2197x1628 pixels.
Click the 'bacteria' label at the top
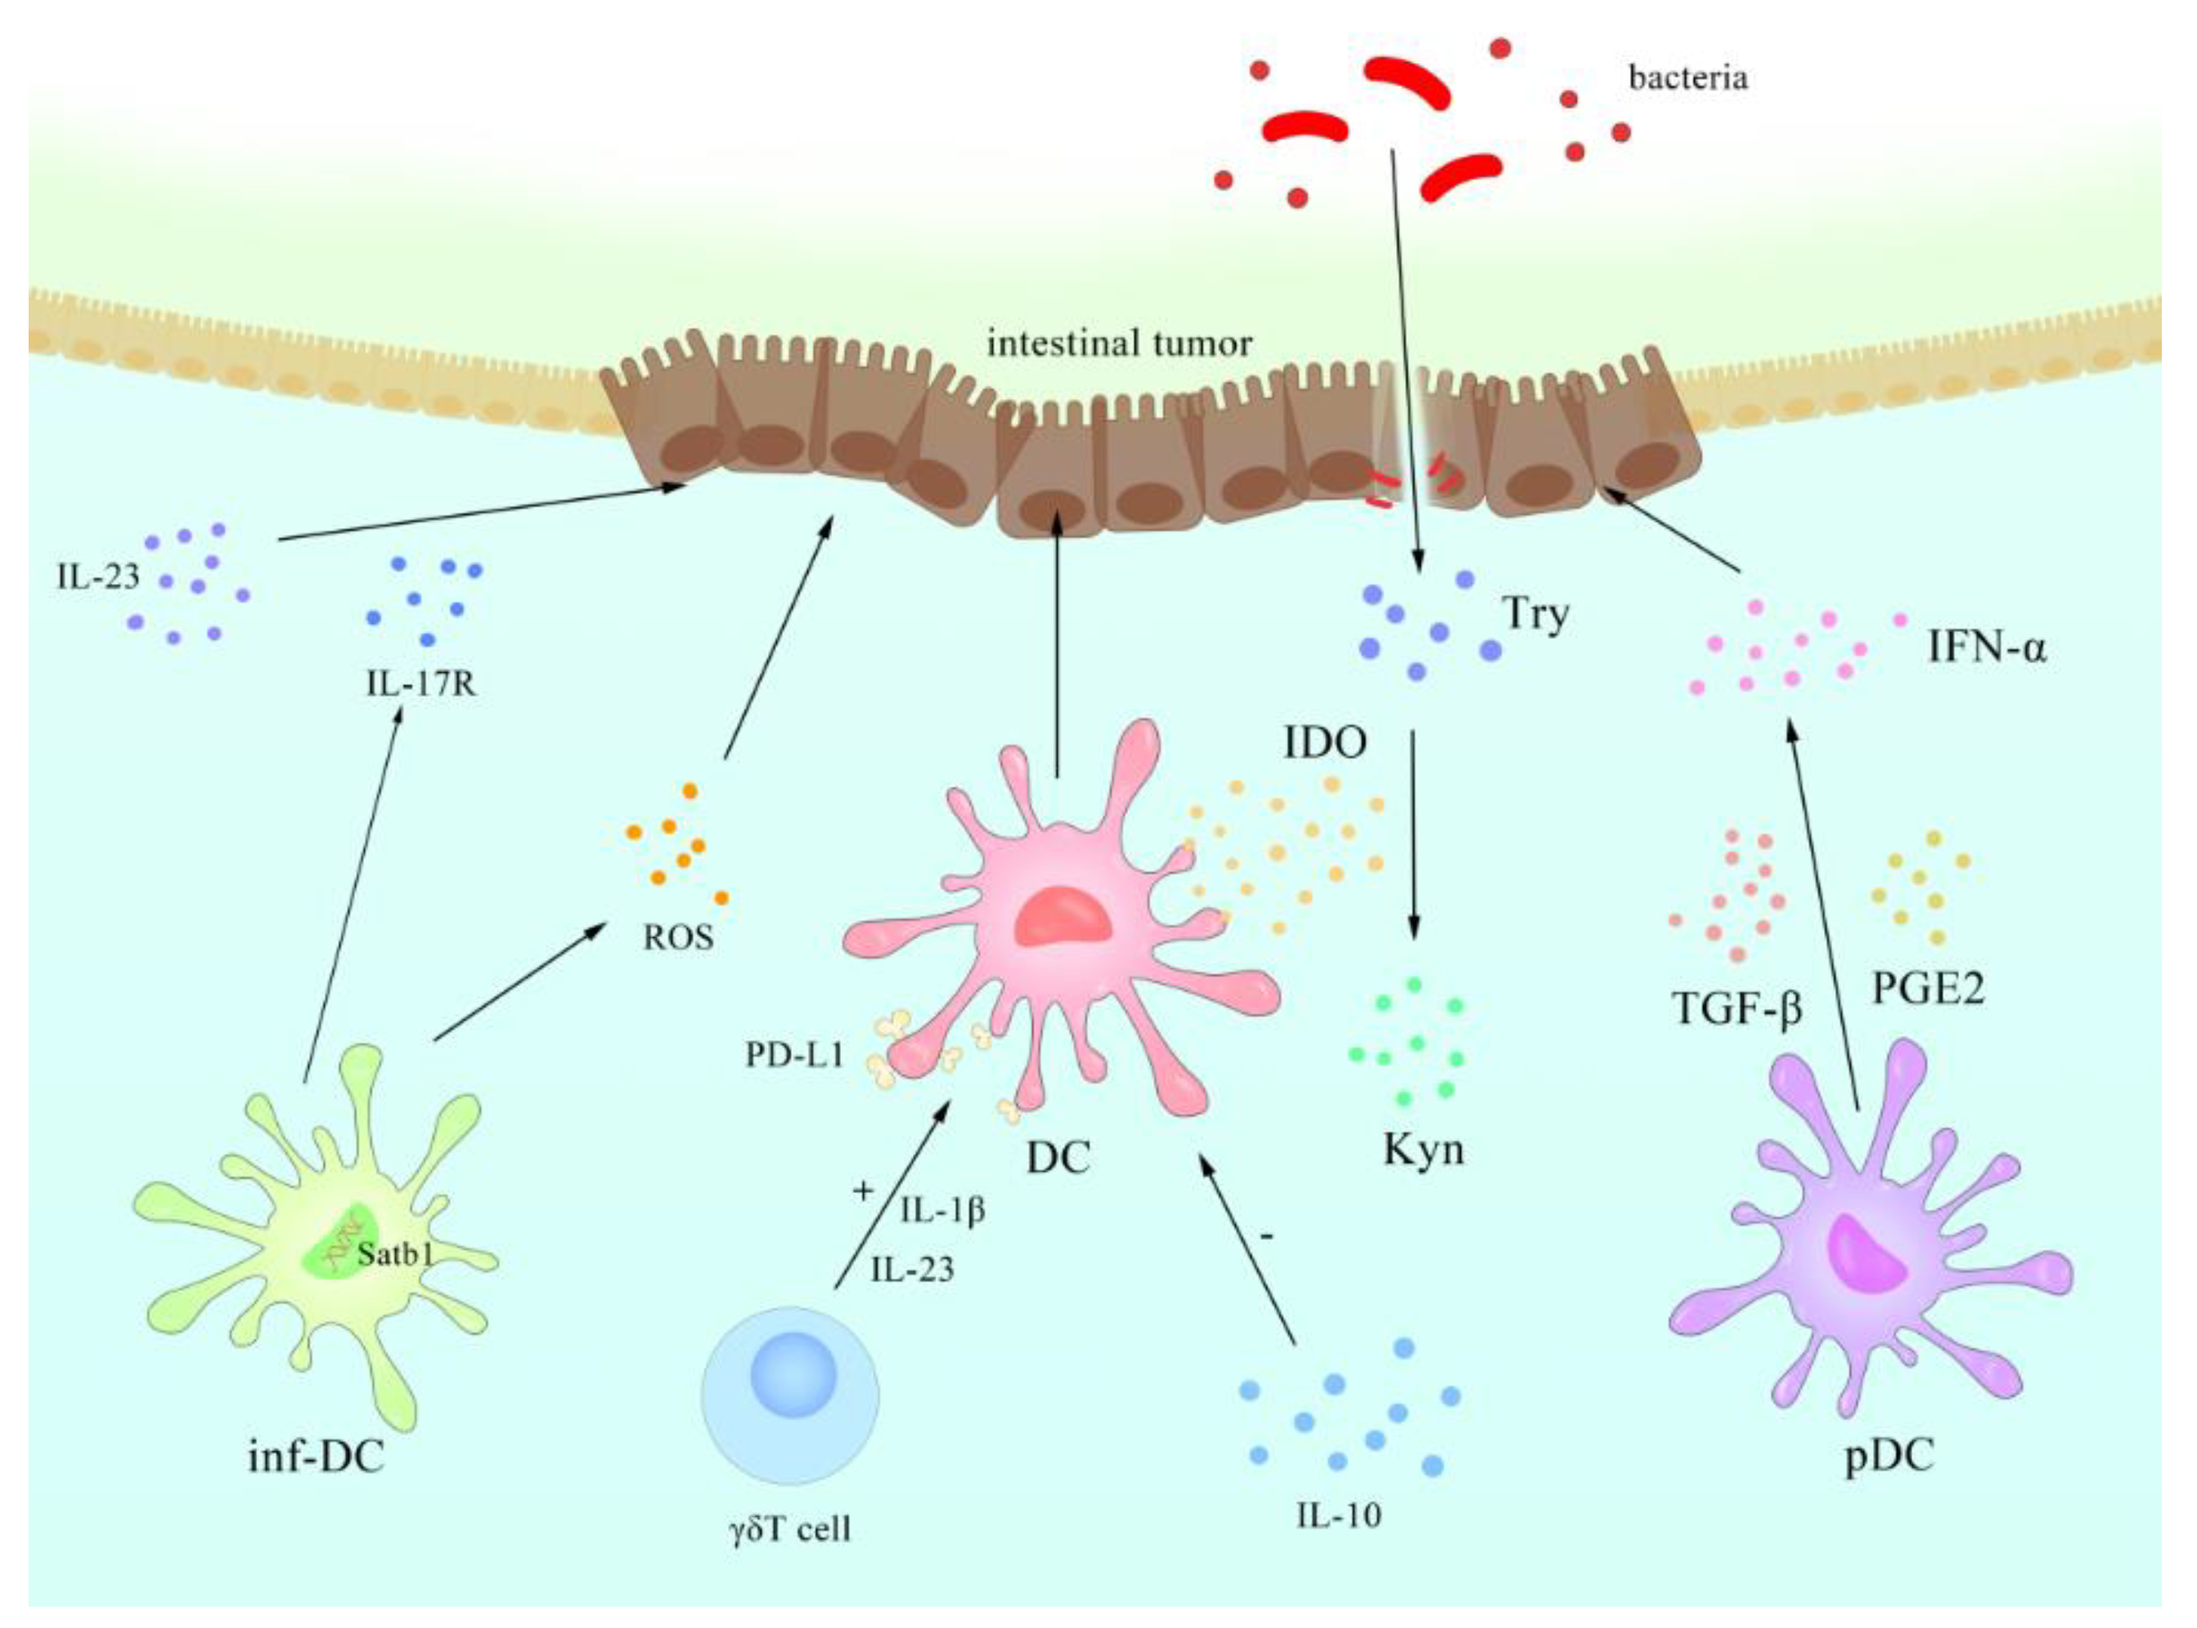[x=1687, y=78]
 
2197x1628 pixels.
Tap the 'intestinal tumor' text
[x=1119, y=344]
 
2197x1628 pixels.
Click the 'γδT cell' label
[x=789, y=1531]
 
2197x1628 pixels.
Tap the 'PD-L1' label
[x=794, y=1056]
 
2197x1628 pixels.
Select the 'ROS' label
[x=678, y=937]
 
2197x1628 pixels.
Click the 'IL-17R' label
[x=421, y=683]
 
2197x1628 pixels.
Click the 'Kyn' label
[x=1423, y=1150]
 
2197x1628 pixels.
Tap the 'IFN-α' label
[x=1986, y=649]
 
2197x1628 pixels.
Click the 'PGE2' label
[x=1928, y=989]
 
